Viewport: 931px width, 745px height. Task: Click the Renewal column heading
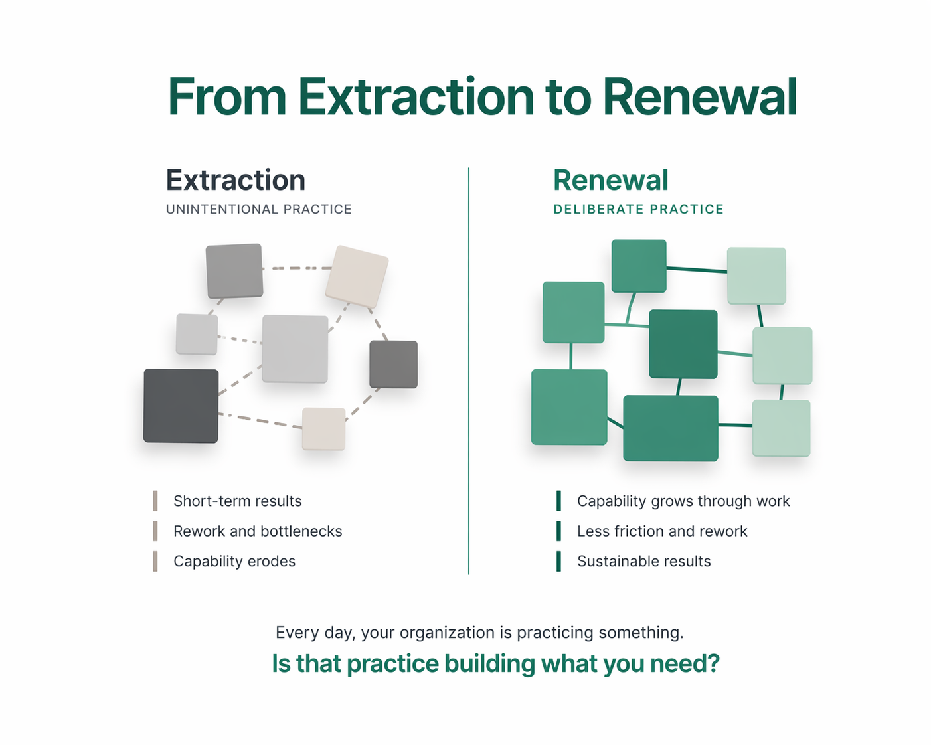tap(610, 180)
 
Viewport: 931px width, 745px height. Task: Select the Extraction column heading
tap(235, 180)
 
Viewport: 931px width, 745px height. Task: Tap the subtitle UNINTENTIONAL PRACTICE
tap(258, 209)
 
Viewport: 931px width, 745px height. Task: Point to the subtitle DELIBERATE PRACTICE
tap(638, 209)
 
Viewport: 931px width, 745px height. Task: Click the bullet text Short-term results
tap(237, 501)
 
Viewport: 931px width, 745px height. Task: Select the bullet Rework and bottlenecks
tap(258, 531)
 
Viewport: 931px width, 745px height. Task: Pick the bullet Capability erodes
tap(234, 561)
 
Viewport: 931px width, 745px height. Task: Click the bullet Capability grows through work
tap(683, 501)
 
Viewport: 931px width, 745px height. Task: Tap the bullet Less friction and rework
tap(662, 531)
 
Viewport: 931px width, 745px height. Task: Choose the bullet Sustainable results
tap(643, 561)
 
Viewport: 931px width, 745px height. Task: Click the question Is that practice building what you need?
tap(495, 663)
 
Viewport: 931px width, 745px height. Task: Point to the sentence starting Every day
tap(479, 632)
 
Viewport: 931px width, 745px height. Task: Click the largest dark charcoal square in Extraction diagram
tap(181, 406)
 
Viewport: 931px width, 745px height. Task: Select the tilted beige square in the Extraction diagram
tap(357, 276)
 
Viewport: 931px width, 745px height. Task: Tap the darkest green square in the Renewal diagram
tap(683, 344)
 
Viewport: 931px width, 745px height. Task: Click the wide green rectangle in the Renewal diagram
tap(670, 428)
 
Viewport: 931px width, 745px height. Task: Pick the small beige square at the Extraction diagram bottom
tap(323, 428)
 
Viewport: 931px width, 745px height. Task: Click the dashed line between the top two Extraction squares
tap(296, 268)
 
